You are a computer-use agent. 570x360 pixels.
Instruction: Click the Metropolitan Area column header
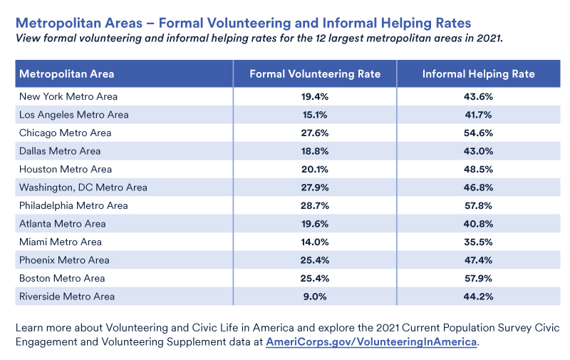pyautogui.click(x=67, y=74)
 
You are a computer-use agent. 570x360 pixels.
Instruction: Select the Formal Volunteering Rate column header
pyautogui.click(x=315, y=74)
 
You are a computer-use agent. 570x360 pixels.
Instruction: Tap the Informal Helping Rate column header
pyautogui.click(x=478, y=74)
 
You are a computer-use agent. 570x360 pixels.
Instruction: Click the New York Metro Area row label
pyautogui.click(x=68, y=96)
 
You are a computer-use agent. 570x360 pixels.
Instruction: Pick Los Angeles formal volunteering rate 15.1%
pyautogui.click(x=315, y=115)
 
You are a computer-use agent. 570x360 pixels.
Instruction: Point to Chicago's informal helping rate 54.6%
pyautogui.click(x=478, y=133)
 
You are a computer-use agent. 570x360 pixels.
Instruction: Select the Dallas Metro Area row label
pyautogui.click(x=60, y=151)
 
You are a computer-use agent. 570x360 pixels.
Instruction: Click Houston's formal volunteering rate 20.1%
pyautogui.click(x=315, y=169)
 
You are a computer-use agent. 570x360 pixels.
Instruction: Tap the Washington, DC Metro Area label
pyautogui.click(x=83, y=187)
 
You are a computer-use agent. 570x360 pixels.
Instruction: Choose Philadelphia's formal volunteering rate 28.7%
pyautogui.click(x=315, y=205)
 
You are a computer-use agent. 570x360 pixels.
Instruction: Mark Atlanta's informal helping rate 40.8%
pyautogui.click(x=478, y=224)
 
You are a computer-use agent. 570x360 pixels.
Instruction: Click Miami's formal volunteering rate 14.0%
pyautogui.click(x=315, y=242)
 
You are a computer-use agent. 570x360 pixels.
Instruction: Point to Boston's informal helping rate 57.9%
pyautogui.click(x=478, y=278)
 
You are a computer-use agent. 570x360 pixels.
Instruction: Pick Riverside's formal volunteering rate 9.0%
pyautogui.click(x=315, y=297)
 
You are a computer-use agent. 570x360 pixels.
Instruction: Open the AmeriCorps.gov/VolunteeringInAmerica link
pyautogui.click(x=370, y=342)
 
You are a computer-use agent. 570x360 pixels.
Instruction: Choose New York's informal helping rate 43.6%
pyautogui.click(x=478, y=96)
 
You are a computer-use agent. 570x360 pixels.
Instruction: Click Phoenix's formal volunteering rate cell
pyautogui.click(x=315, y=260)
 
